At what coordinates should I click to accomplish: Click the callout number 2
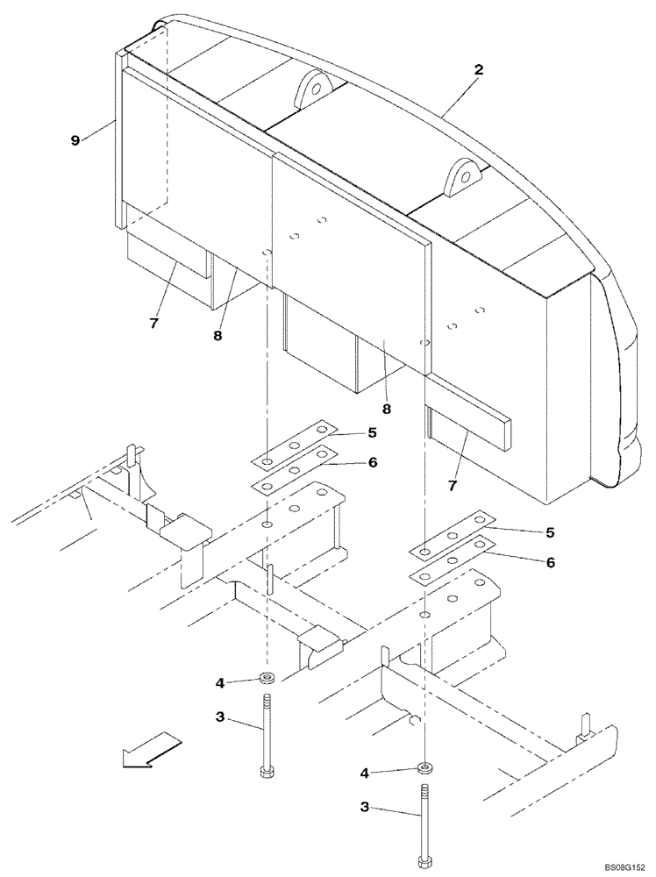[478, 69]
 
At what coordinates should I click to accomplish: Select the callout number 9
[76, 138]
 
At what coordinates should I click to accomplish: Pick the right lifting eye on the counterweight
[462, 179]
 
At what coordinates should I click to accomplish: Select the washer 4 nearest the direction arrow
[267, 678]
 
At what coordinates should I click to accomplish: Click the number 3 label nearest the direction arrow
[220, 717]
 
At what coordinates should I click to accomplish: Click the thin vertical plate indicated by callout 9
[118, 140]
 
